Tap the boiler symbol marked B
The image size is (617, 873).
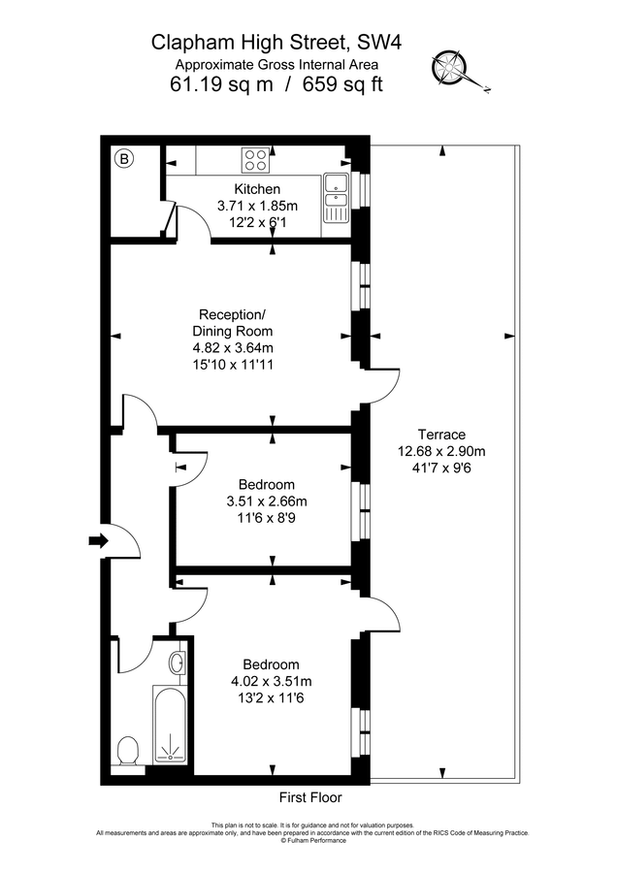(124, 159)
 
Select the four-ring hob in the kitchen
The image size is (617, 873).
(256, 158)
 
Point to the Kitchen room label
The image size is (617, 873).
(257, 189)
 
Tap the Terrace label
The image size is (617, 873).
(441, 435)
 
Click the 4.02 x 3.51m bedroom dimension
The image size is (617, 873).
(271, 681)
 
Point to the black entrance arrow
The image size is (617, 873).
(98, 541)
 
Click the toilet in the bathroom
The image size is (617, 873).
(127, 750)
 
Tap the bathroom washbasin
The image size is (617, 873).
(177, 663)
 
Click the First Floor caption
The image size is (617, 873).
(310, 797)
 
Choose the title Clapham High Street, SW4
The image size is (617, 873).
(276, 42)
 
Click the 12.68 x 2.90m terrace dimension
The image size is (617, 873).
(441, 451)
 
